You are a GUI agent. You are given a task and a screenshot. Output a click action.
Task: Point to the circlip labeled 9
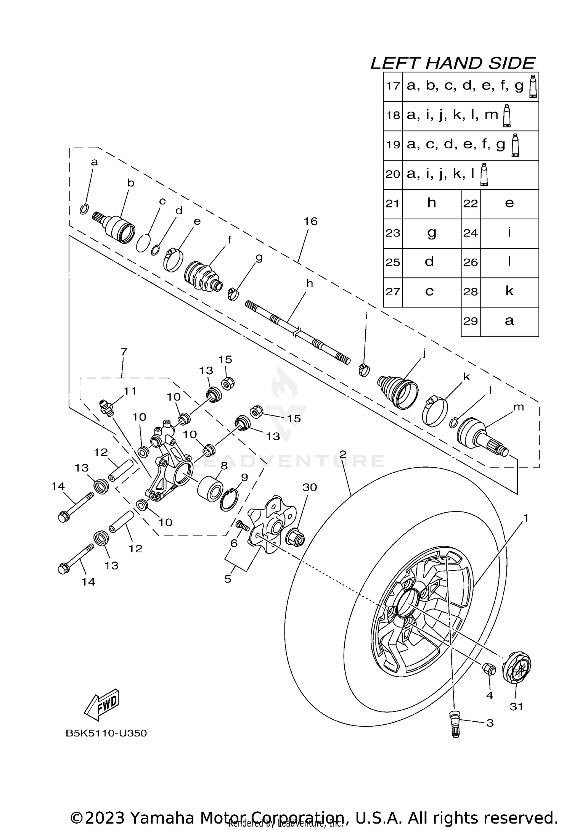(229, 500)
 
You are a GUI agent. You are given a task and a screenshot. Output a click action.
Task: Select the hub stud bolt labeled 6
(243, 527)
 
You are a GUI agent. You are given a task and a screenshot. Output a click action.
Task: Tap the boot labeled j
(398, 392)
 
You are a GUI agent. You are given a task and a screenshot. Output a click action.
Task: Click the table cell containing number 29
(471, 322)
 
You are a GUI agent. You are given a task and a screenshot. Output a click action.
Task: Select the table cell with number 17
(393, 86)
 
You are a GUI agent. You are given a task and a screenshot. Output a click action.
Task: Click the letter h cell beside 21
(432, 203)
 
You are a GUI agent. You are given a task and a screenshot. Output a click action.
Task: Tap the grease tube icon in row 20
(484, 175)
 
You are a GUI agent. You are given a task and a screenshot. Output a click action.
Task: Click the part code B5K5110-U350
(106, 744)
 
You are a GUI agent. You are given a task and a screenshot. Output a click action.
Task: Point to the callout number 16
(310, 221)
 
